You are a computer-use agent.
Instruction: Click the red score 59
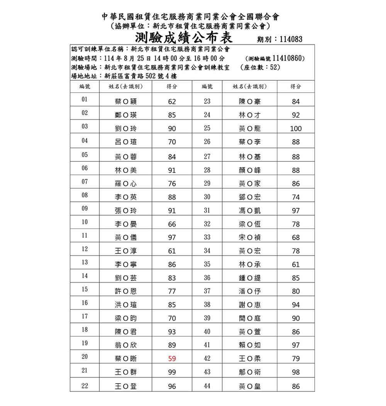[172, 359]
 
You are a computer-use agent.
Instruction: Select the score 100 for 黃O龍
[296, 129]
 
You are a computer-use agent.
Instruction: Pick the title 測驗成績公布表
[183, 38]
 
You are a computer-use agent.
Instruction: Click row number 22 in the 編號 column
[85, 386]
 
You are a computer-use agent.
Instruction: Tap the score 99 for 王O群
[172, 372]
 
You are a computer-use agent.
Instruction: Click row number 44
[207, 386]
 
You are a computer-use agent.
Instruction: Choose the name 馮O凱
[250, 211]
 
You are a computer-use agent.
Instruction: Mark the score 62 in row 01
[172, 102]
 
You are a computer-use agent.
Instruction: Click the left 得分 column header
[172, 87]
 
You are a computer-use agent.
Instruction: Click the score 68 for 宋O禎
[296, 238]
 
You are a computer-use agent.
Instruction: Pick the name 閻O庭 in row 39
[250, 318]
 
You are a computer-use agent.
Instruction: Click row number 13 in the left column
[85, 262]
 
